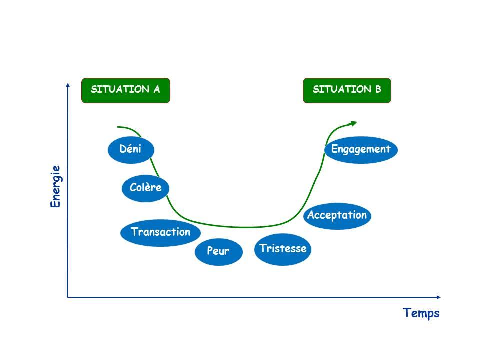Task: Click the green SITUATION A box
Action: coord(126,90)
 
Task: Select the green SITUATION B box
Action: coord(347,90)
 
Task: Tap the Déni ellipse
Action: coord(131,150)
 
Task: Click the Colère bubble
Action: coord(145,188)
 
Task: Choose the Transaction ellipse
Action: coord(160,233)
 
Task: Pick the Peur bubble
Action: coord(219,252)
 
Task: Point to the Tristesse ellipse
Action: coord(283,249)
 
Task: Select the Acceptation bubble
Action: coord(337,216)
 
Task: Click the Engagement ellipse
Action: coord(361,150)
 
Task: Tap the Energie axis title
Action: coord(55,186)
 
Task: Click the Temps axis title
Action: coord(421,313)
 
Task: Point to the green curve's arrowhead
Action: coord(354,123)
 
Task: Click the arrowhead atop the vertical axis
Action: coord(68,85)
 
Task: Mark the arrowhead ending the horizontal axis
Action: coord(438,297)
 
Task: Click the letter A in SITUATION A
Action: coord(156,89)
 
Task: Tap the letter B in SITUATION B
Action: coord(378,89)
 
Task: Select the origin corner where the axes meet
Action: coord(67,297)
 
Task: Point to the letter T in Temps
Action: coord(407,312)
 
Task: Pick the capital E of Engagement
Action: coord(334,149)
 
